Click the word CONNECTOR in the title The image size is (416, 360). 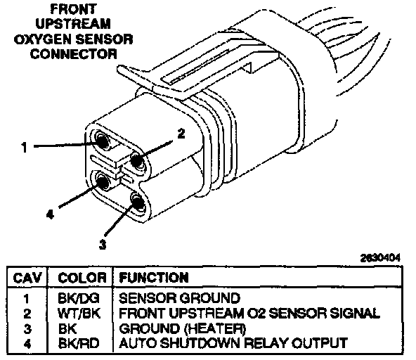[x=74, y=54]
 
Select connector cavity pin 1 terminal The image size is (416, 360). [x=102, y=141]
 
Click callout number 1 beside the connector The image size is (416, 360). [x=25, y=147]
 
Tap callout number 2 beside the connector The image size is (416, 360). [x=181, y=134]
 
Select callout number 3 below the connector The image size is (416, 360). [x=103, y=244]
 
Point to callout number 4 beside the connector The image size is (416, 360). [x=50, y=214]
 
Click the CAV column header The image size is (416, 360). [x=27, y=278]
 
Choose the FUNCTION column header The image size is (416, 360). [x=154, y=278]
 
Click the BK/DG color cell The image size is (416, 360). [x=79, y=298]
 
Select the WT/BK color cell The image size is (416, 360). [x=79, y=314]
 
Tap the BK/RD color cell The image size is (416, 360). [x=79, y=343]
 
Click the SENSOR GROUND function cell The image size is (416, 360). [x=179, y=298]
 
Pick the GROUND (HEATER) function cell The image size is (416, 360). [x=183, y=328]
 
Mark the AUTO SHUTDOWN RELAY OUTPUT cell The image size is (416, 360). [x=233, y=343]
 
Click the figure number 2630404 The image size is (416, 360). [x=380, y=258]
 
